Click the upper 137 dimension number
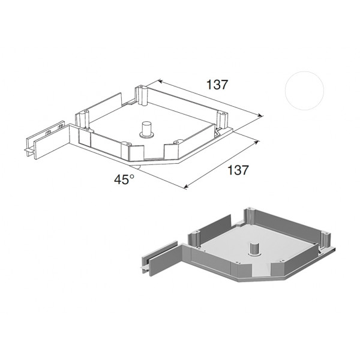217,85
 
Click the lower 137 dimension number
238,170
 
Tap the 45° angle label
124,179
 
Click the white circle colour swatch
304,91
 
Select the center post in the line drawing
146,130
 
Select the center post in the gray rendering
254,249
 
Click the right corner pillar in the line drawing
222,120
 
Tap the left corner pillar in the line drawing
82,119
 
